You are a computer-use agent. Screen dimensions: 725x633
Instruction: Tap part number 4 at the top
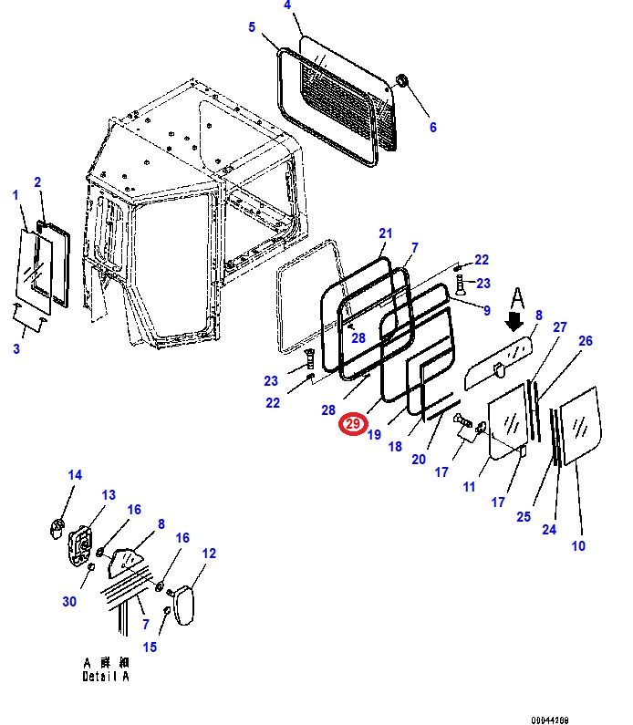click(287, 6)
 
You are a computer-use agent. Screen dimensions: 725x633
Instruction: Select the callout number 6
click(433, 128)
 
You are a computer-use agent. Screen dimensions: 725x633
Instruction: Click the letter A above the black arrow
click(516, 298)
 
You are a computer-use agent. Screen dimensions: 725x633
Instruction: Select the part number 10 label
click(578, 546)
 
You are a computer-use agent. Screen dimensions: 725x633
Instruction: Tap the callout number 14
click(75, 475)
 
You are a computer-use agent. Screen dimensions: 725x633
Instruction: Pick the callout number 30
click(70, 600)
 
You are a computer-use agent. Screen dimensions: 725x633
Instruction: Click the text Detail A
click(106, 676)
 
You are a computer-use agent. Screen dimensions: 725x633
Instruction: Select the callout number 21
click(385, 233)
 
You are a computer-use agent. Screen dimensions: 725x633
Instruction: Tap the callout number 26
click(586, 341)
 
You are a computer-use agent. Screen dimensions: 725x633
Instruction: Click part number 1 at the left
click(16, 194)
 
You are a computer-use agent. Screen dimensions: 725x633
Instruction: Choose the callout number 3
click(16, 348)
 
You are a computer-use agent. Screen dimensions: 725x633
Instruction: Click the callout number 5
click(252, 27)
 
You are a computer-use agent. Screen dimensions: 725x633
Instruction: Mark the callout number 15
click(150, 647)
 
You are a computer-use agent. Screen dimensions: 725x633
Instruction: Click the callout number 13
click(109, 495)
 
